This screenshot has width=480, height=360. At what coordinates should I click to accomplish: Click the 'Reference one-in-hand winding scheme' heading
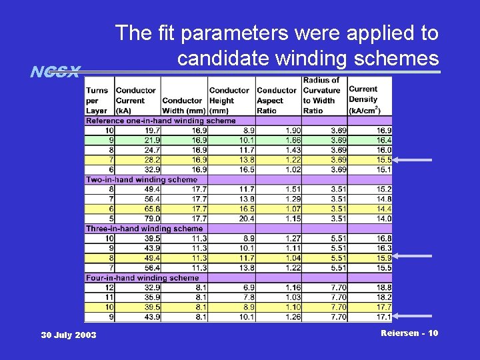click(161, 121)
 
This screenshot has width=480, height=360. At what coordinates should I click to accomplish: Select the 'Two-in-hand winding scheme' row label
click(141, 179)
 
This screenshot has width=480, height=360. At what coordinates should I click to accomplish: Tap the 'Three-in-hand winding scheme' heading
click(144, 229)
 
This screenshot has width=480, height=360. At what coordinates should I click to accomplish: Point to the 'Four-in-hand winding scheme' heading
click(142, 277)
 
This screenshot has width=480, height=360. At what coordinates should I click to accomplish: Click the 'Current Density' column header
click(363, 99)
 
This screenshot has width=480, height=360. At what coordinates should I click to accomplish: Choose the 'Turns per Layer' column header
click(97, 100)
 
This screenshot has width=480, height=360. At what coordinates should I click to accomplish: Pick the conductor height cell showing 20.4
click(245, 219)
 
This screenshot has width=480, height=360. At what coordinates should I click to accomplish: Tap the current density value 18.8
click(383, 287)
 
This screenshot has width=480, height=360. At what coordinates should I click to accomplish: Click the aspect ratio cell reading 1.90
click(292, 131)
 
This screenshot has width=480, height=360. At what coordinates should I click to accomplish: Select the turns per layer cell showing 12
click(109, 287)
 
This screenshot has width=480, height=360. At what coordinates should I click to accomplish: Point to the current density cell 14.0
click(383, 219)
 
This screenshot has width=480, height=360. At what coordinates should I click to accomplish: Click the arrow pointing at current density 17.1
click(413, 317)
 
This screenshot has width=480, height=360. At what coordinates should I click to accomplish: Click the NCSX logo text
click(55, 71)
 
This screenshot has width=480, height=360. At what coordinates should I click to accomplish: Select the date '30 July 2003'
click(68, 335)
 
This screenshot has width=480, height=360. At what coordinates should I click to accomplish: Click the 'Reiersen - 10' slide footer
click(409, 333)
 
